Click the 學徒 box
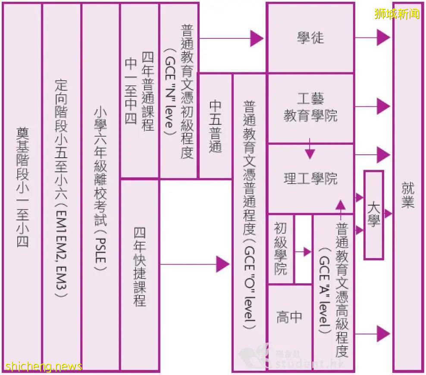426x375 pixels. click(310, 38)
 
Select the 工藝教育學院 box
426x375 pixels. click(310, 108)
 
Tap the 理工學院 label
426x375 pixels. click(310, 179)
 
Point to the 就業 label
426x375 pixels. click(407, 195)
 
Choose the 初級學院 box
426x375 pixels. click(281, 249)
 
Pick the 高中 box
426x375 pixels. click(289, 318)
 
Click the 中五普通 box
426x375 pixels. click(215, 126)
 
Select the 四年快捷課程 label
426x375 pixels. click(139, 266)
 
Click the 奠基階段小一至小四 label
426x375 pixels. click(22, 187)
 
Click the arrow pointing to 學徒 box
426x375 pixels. click(257, 38)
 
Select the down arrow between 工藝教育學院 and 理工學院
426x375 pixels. click(310, 152)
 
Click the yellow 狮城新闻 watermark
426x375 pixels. click(397, 13)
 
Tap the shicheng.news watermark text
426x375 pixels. click(41, 366)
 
